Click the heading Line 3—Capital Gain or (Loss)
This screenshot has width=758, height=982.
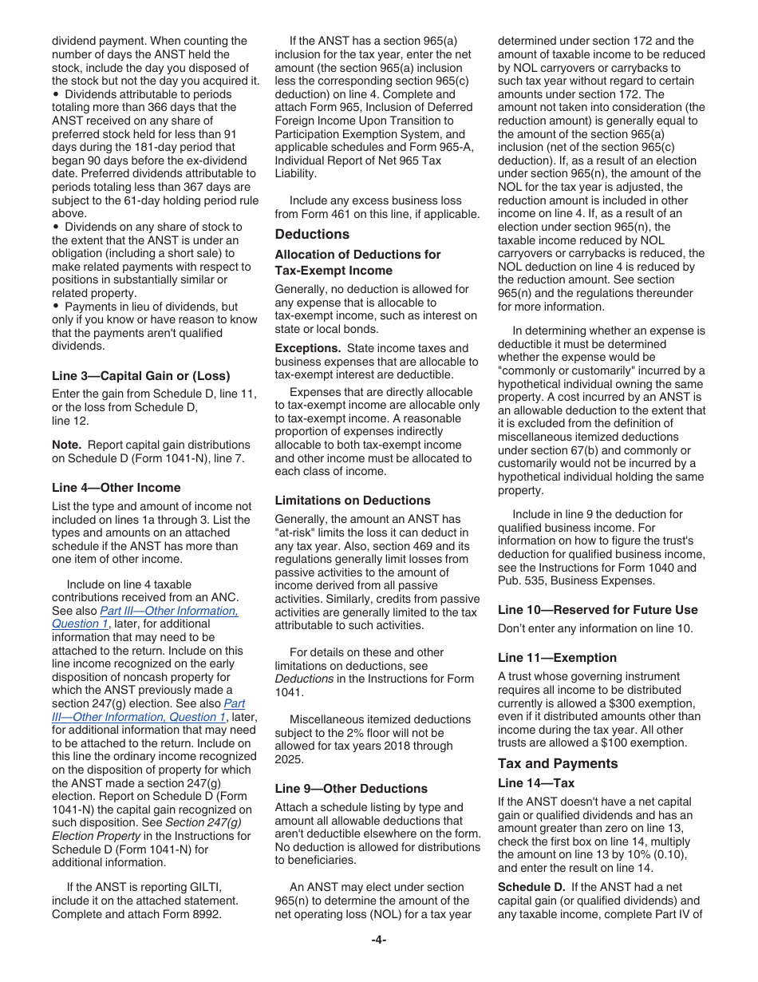pos(140,375)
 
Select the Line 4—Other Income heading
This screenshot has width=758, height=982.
pos(116,487)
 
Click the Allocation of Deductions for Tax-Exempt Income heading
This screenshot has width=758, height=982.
pos(357,263)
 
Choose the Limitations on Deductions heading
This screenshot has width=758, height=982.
pos(353,501)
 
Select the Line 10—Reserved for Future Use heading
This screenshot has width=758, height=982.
pos(598,609)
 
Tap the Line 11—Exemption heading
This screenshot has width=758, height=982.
pos(557,657)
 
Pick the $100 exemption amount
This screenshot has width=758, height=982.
pos(612,742)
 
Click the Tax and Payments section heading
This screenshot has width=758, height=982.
pos(558,763)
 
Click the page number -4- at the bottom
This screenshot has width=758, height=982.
pos(379,940)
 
